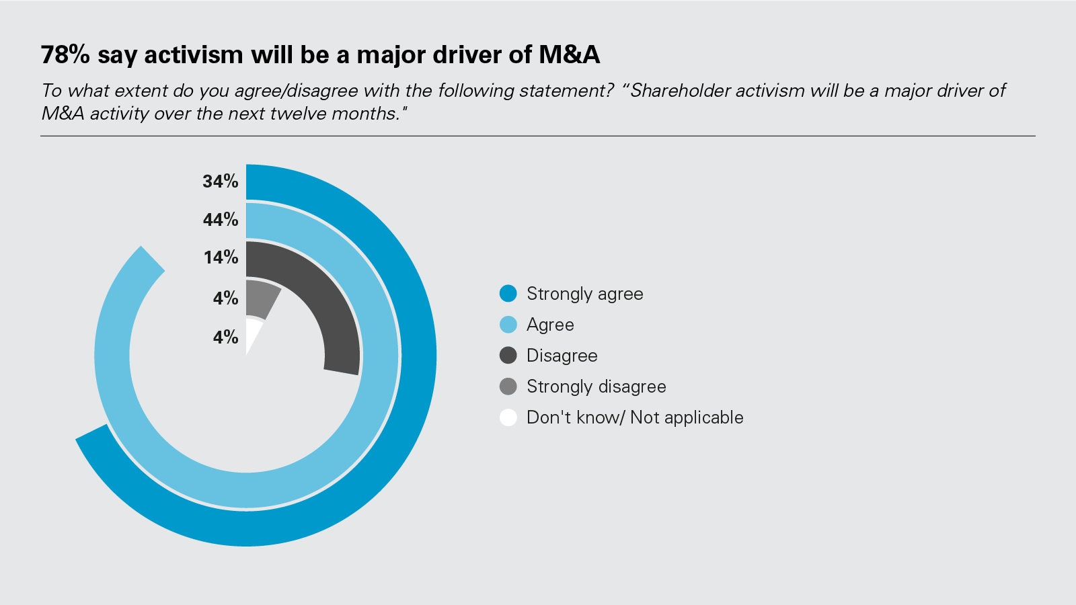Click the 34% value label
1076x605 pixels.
pos(221,182)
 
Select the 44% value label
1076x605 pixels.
pos(221,220)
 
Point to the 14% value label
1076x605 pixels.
pos(221,257)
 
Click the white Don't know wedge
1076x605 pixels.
pos(252,332)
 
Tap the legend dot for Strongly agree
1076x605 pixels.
pos(508,294)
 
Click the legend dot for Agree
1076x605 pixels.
pos(508,325)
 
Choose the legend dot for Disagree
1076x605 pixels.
pos(508,356)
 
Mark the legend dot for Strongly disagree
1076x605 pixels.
pos(508,387)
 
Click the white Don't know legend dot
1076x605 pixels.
pos(508,417)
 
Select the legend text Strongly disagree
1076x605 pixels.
pos(596,387)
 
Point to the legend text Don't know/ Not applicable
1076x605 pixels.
pos(635,417)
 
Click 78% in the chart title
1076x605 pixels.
pos(65,55)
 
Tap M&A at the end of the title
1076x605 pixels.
pos(569,55)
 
